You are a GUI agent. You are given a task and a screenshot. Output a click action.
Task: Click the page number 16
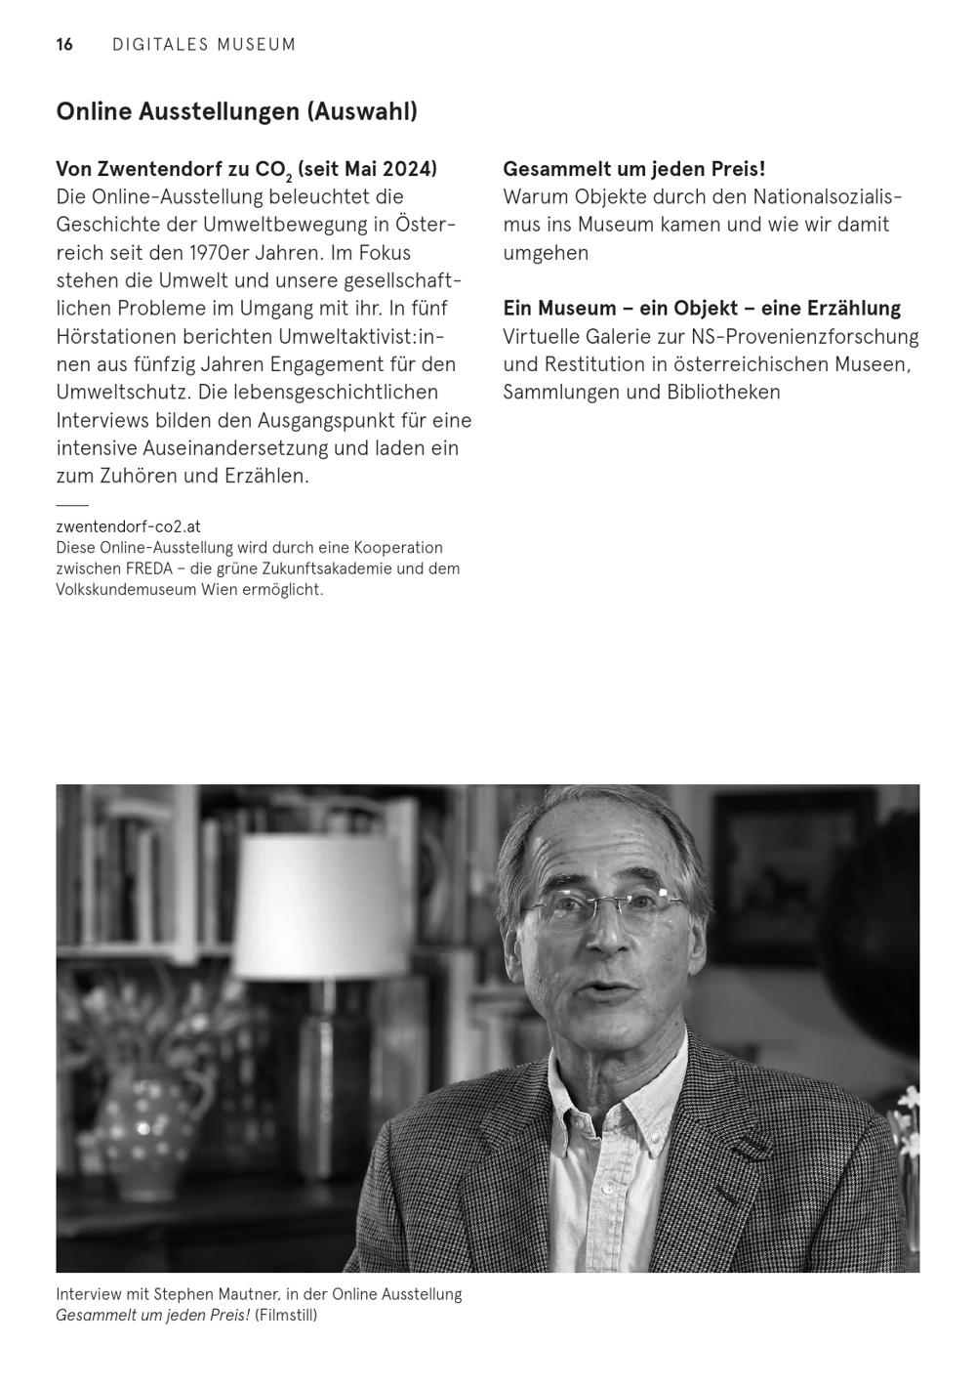[x=64, y=45]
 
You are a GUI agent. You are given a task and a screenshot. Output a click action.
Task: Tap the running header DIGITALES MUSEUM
[x=204, y=45]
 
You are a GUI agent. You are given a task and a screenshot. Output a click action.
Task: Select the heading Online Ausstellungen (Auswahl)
[x=236, y=111]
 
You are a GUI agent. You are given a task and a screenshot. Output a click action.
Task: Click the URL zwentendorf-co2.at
[x=128, y=526]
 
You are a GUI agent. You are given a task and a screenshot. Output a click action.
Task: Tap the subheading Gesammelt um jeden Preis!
[x=633, y=169]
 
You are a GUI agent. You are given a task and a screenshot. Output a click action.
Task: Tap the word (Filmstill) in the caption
[x=286, y=1316]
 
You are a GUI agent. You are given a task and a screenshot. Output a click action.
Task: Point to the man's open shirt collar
[x=625, y=1113]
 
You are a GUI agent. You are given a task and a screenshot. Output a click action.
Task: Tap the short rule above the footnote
[x=72, y=505]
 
